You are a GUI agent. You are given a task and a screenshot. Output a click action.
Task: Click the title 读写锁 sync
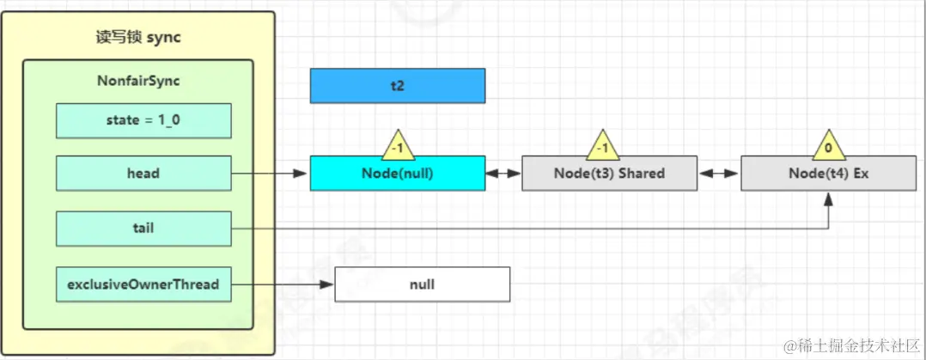tap(137, 38)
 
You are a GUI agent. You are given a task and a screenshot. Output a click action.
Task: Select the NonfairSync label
tap(137, 81)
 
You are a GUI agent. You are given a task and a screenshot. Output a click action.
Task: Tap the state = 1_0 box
tap(143, 120)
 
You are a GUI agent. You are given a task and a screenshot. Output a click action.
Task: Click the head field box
tap(143, 173)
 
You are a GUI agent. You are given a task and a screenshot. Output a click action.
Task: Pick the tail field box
tap(143, 229)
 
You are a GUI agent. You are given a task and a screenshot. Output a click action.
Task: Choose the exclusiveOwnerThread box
tap(143, 284)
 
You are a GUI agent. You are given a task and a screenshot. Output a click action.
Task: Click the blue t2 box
tap(397, 86)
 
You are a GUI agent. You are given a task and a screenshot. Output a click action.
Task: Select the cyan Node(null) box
tap(397, 173)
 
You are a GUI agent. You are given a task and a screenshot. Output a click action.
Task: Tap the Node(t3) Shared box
tap(609, 173)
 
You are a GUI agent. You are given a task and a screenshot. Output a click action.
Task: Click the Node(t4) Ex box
tap(828, 173)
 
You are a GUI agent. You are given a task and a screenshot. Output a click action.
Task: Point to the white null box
tap(422, 284)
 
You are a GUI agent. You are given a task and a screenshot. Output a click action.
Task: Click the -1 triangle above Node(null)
tap(397, 147)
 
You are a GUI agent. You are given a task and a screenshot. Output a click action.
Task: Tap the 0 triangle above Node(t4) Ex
tap(828, 147)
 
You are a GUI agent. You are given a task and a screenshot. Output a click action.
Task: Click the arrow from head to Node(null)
tap(270, 173)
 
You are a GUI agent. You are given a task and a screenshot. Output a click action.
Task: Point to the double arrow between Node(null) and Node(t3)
tap(503, 173)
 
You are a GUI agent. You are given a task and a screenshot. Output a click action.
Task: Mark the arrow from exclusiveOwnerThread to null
tap(283, 284)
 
